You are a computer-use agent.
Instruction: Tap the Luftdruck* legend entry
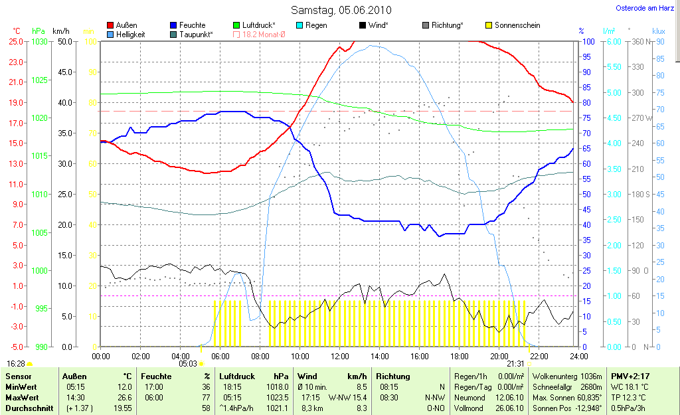click(x=260, y=25)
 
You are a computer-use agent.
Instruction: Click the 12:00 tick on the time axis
click(x=339, y=356)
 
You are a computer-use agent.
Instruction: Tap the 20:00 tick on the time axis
click(x=499, y=356)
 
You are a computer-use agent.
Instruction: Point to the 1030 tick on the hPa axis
click(x=40, y=42)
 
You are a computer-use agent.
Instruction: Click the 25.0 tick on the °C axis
click(x=16, y=42)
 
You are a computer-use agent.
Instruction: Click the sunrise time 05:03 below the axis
click(x=189, y=364)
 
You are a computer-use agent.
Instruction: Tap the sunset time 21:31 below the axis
click(x=515, y=364)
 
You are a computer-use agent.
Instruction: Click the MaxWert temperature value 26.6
click(x=124, y=397)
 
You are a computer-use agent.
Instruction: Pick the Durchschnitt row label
click(x=29, y=408)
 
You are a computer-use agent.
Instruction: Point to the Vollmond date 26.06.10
click(x=510, y=408)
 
